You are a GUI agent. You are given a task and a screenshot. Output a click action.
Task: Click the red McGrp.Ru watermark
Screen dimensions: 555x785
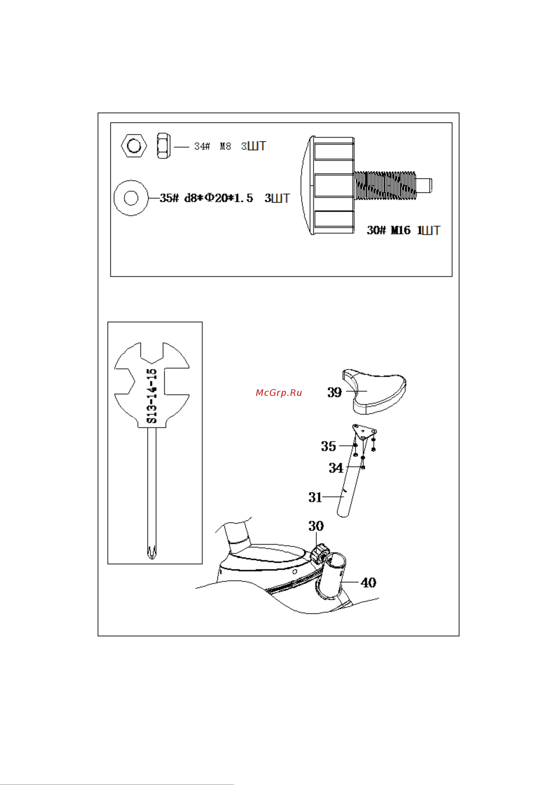pyautogui.click(x=279, y=393)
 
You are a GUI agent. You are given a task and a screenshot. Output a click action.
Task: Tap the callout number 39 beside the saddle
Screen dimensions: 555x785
pyautogui.click(x=334, y=392)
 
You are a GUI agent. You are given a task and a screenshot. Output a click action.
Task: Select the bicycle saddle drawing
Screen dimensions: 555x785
pyautogui.click(x=374, y=391)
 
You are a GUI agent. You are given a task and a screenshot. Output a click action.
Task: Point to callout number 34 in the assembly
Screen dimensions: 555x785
pyautogui.click(x=336, y=468)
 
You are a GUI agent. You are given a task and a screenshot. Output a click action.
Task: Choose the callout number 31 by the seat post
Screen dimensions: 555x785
pyautogui.click(x=315, y=497)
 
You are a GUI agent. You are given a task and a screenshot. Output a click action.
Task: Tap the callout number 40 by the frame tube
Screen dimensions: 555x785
pyautogui.click(x=369, y=582)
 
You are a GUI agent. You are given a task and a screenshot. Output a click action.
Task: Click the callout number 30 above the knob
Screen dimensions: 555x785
pyautogui.click(x=316, y=526)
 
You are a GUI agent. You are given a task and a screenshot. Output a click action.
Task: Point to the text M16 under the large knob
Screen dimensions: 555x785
pyautogui.click(x=401, y=230)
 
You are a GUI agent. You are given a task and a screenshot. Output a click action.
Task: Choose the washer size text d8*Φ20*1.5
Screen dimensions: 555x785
pyautogui.click(x=219, y=198)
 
